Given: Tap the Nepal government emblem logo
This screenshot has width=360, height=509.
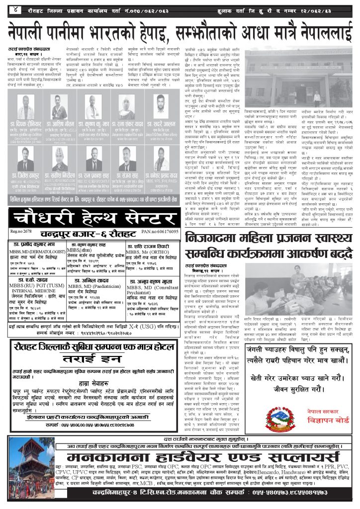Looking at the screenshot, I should [x=278, y=422].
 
